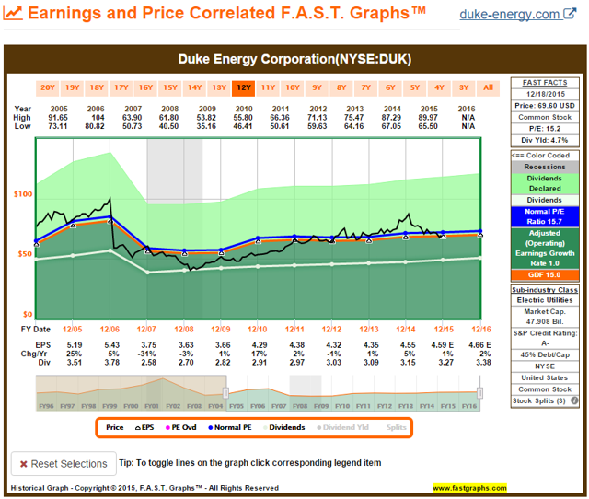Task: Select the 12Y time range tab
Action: [x=243, y=88]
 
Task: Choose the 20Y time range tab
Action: [x=47, y=88]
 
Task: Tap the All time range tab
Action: [x=488, y=88]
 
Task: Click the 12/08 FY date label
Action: [x=184, y=329]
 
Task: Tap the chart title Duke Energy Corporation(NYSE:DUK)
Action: [x=294, y=60]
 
